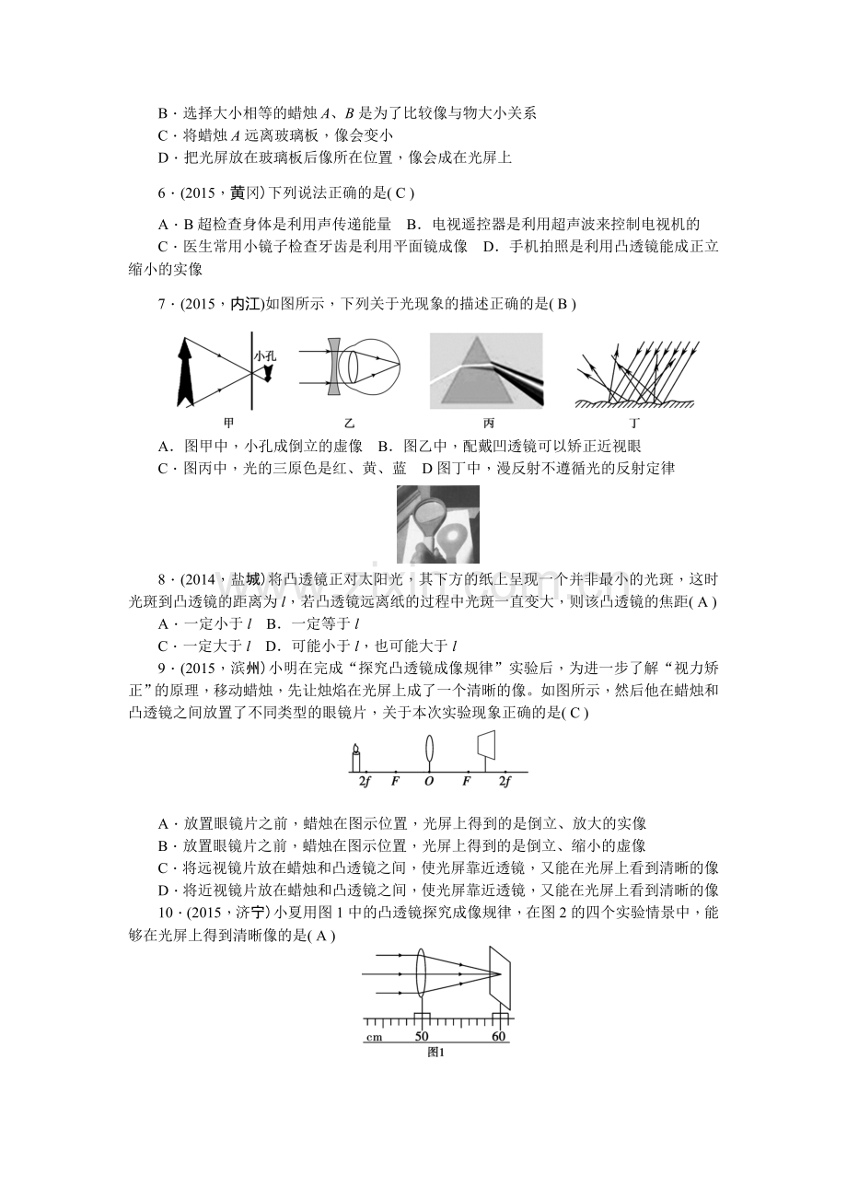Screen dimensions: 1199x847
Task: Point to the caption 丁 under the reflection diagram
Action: coord(634,423)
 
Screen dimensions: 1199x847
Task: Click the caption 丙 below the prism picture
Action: coord(488,423)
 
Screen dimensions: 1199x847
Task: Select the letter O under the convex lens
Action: coord(428,782)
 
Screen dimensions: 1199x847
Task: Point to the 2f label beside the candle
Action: coord(365,782)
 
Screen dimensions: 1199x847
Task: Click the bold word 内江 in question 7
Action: coord(246,304)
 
